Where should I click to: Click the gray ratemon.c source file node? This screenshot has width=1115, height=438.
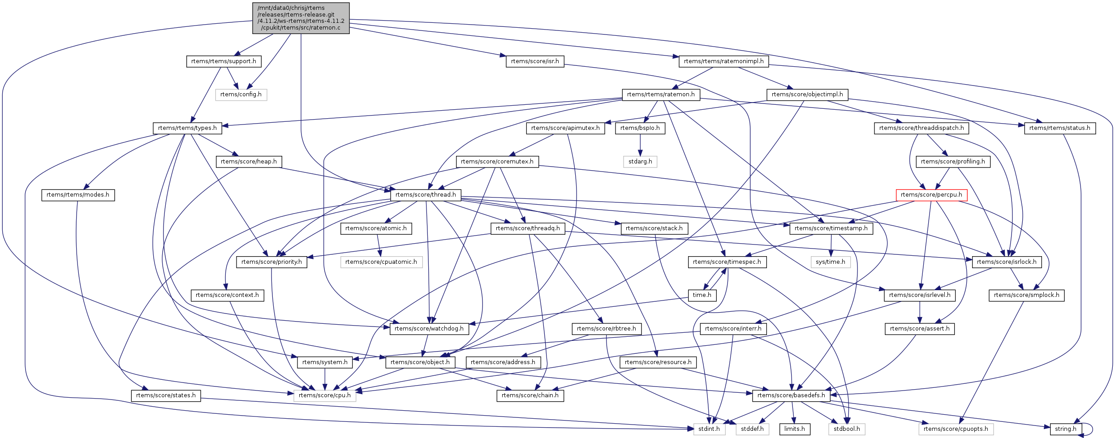tap(301, 18)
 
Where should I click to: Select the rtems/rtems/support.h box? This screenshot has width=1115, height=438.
tap(224, 61)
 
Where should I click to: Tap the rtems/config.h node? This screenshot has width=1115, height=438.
tap(241, 94)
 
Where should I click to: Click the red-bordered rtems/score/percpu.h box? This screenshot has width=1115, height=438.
tap(931, 195)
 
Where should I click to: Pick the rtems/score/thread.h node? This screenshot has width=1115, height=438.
tap(426, 195)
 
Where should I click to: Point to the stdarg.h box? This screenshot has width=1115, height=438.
tap(640, 162)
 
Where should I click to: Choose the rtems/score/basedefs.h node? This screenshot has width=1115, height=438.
tap(791, 395)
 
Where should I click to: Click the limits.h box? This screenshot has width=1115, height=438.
tap(794, 429)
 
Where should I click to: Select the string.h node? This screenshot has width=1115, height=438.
tap(1066, 429)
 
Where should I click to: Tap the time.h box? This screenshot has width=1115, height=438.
tap(702, 295)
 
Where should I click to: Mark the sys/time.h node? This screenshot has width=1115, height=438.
tap(831, 262)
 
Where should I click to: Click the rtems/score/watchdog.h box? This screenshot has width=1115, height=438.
tap(429, 329)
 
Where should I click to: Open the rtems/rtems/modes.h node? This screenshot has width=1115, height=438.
tap(78, 195)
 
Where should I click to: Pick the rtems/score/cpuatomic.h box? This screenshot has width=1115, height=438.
tap(381, 262)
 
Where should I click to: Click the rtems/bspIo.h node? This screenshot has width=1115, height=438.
tap(640, 128)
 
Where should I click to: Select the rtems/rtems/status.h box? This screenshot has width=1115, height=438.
tap(1060, 128)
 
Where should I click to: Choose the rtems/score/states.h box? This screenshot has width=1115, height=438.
tap(166, 395)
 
